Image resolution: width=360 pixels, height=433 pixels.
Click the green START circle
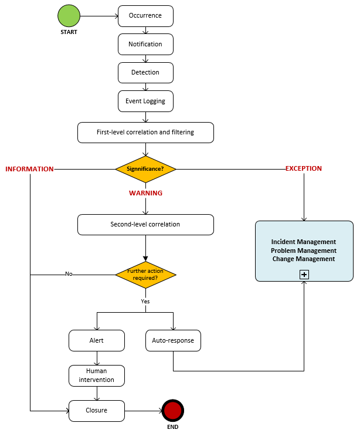(x=69, y=16)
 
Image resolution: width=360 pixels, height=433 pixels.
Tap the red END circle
(x=173, y=411)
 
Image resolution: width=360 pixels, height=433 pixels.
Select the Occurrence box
(x=145, y=16)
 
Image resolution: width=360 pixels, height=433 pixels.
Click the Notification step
(x=145, y=44)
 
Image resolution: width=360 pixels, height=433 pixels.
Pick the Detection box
(x=145, y=73)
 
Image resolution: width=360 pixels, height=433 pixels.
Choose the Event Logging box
(x=145, y=101)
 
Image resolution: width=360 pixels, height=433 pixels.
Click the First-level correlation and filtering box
(x=145, y=133)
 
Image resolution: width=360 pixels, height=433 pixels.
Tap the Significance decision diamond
(x=145, y=170)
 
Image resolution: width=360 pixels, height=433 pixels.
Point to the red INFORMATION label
(x=29, y=169)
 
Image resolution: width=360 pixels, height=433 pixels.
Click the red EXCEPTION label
(x=304, y=168)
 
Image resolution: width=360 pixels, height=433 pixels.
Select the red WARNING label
(x=145, y=193)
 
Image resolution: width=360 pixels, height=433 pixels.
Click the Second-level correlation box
(x=145, y=225)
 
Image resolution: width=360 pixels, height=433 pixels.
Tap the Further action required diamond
(x=145, y=275)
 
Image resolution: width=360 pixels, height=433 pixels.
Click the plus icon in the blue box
(x=304, y=275)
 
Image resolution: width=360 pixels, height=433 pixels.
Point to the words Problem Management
(x=304, y=251)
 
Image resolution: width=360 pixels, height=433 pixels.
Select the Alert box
(x=97, y=340)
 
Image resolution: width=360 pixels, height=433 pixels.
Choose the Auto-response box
(x=173, y=340)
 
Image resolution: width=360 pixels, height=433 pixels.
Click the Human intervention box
(x=97, y=376)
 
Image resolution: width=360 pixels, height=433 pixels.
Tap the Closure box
(x=97, y=411)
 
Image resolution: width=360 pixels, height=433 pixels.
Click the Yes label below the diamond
(x=145, y=301)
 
